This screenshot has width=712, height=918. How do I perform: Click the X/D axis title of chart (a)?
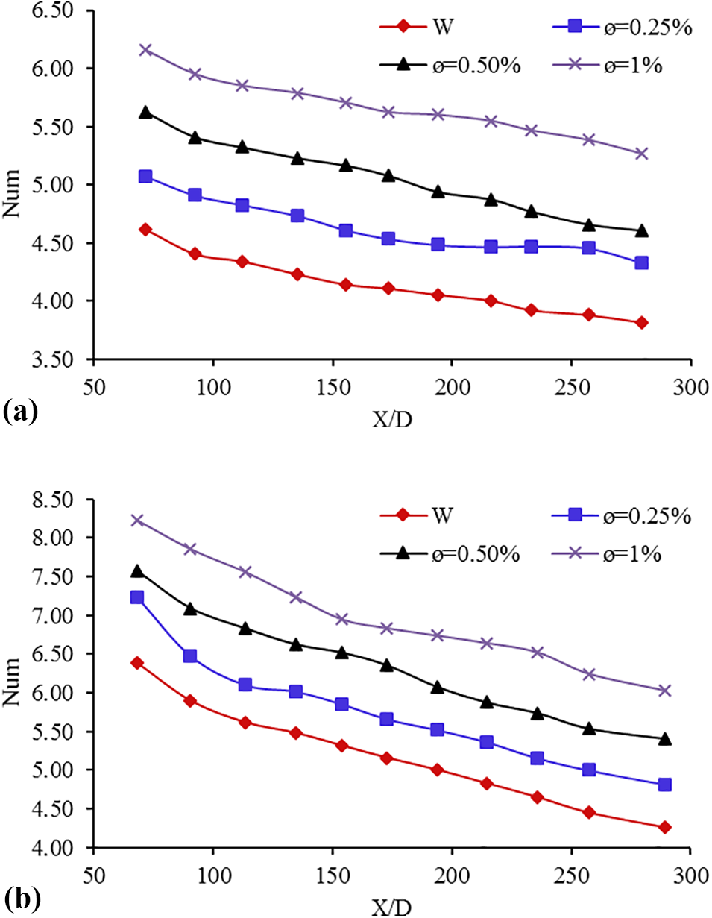point(393,419)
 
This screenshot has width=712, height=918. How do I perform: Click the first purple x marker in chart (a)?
point(145,50)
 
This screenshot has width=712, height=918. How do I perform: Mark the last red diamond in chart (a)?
point(641,323)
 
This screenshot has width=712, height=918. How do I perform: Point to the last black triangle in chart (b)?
point(664,739)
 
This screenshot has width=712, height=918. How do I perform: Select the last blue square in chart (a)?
point(641,262)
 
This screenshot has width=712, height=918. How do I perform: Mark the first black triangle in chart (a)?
point(145,113)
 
